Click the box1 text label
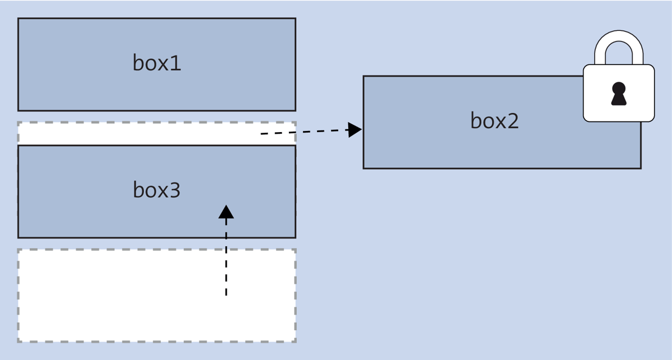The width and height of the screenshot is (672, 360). pos(157,63)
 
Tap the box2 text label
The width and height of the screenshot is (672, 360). pos(494,121)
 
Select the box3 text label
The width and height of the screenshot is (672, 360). pos(157,190)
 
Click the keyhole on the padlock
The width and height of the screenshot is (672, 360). pos(618,93)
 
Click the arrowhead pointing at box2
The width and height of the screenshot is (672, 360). pos(354,130)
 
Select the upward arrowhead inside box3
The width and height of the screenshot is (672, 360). pos(226,212)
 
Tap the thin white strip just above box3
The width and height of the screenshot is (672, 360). pos(140,133)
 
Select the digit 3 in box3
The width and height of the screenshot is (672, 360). pos(175,190)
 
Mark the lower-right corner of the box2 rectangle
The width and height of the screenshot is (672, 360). pos(641,168)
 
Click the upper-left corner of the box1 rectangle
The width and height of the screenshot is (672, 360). pos(18,18)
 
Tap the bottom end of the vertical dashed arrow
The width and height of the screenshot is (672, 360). pos(226,294)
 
